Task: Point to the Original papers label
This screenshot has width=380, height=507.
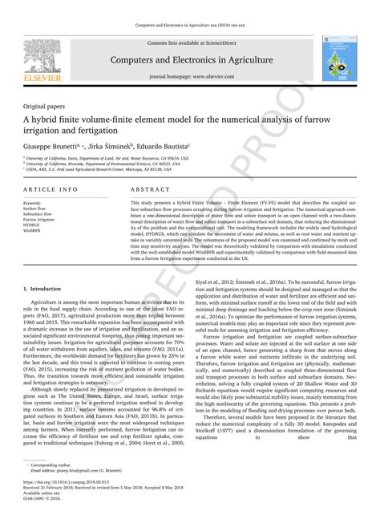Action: (45, 105)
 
